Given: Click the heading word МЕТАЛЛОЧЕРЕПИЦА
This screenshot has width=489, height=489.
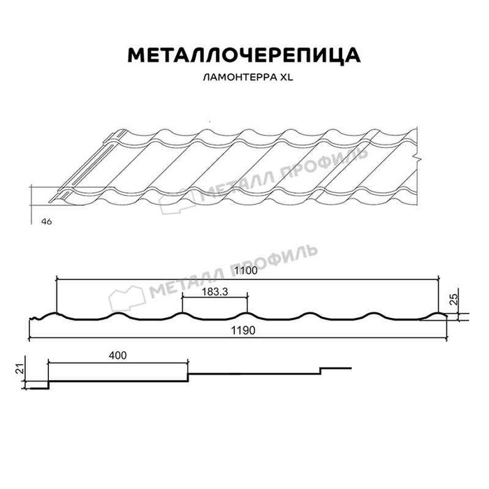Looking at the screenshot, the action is (x=244, y=55).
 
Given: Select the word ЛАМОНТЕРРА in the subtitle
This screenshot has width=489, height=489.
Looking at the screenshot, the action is (x=240, y=78).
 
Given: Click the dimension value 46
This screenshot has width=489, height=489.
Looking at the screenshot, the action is (x=47, y=221).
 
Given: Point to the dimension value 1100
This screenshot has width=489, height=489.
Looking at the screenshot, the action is (x=246, y=270).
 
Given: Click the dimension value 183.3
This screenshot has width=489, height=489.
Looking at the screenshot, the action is (x=215, y=291).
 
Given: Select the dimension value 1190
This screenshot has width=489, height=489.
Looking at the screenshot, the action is (x=243, y=330).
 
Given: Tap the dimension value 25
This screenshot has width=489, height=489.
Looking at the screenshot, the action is (x=455, y=299).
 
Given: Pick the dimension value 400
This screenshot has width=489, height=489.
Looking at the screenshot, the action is (x=118, y=355).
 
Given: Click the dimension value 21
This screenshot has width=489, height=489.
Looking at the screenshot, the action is (x=20, y=370).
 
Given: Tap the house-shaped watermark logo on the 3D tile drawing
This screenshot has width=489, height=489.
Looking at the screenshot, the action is (x=177, y=201).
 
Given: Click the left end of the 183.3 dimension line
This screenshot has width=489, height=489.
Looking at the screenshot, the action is (x=182, y=297).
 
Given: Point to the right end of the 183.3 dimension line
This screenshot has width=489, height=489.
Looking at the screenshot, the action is (x=247, y=297).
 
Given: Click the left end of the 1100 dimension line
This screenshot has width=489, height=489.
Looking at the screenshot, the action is (x=57, y=279).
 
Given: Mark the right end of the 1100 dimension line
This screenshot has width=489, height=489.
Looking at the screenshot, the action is (x=439, y=279).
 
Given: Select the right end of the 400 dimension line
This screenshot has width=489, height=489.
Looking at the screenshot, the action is (x=188, y=363).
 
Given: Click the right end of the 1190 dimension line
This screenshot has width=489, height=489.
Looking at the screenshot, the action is (x=447, y=337).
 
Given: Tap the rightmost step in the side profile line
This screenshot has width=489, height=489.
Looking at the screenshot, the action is (x=321, y=371).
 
